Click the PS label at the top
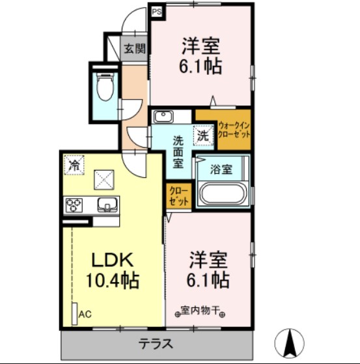(156, 10)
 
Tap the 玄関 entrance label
(135, 48)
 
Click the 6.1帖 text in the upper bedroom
(201, 66)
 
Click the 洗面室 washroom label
(178, 151)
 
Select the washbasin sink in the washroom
(162, 117)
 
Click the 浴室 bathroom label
(221, 169)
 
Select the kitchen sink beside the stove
(106, 206)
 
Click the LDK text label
(111, 260)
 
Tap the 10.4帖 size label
(111, 281)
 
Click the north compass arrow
(290, 341)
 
